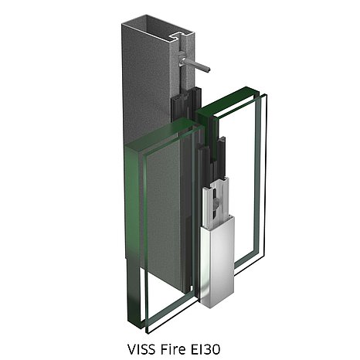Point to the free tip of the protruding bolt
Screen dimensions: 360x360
click(x=209, y=70)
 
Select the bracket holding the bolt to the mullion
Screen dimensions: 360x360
click(x=182, y=56)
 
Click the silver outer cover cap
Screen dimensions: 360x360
click(x=218, y=261)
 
